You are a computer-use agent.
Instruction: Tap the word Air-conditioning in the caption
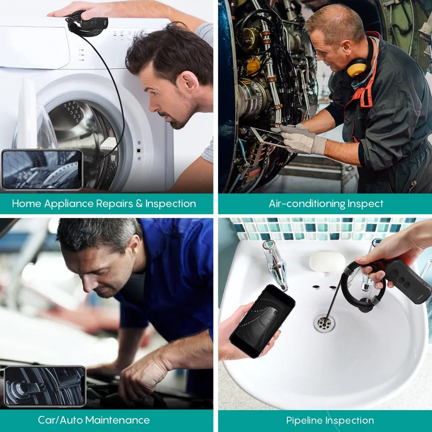click(x=307, y=203)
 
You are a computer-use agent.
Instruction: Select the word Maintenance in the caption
click(x=118, y=420)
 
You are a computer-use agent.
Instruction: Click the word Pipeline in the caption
click(x=305, y=421)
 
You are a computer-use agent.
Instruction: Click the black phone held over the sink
click(x=262, y=321)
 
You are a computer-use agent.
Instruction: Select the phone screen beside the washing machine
click(x=42, y=169)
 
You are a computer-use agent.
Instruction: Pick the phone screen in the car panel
click(x=45, y=386)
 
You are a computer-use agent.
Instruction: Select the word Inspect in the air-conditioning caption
click(x=365, y=203)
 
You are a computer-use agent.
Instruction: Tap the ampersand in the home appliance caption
click(x=139, y=203)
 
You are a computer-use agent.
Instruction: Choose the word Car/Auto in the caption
click(x=60, y=420)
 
